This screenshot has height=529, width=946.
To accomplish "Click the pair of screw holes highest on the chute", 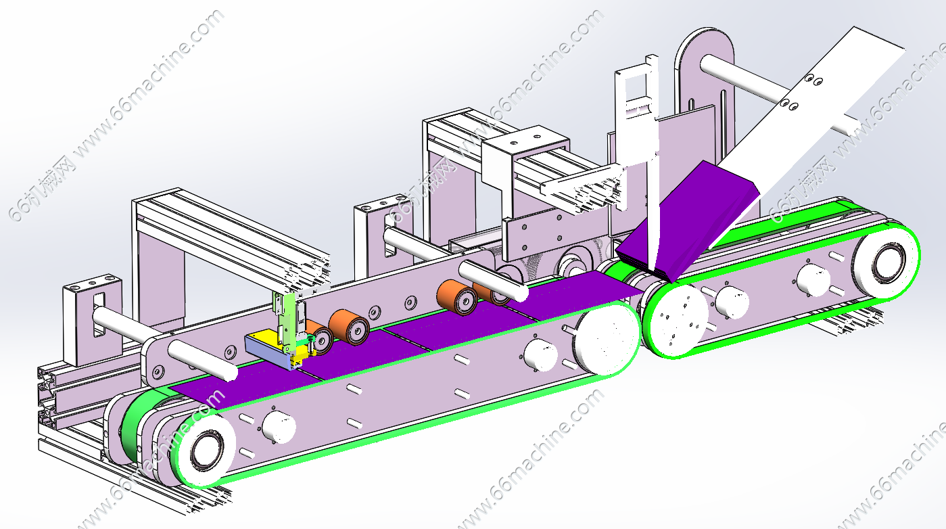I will tap(813, 80).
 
